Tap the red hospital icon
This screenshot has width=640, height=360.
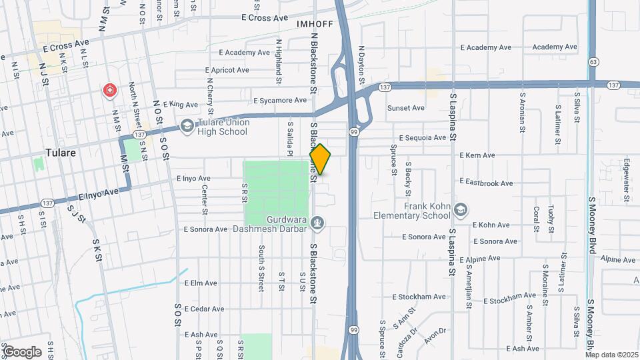109,90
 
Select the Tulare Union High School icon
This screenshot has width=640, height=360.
187,126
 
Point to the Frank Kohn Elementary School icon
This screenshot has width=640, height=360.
460,211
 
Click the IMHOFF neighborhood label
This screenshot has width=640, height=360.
314,24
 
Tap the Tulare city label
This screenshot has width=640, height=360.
60,152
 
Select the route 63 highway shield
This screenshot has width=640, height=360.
593,61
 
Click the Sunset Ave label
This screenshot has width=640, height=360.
406,107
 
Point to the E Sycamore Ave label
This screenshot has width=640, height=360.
280,101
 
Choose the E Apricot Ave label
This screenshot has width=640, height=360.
227,69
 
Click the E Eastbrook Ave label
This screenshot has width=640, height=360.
486,183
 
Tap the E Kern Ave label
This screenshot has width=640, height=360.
477,155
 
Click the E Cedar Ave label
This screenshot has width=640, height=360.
206,309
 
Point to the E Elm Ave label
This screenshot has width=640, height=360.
201,283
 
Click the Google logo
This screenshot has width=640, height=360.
22,352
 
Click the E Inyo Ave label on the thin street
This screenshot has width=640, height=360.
193,179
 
